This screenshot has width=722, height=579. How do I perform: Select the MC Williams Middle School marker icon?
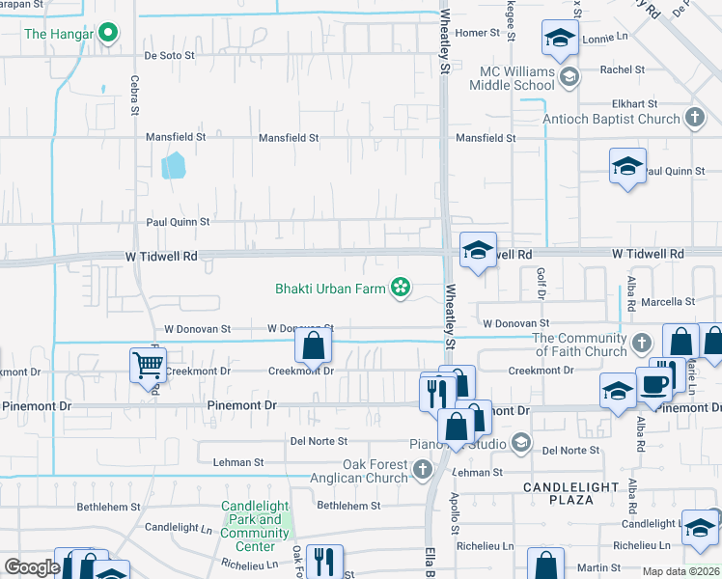tap(569, 77)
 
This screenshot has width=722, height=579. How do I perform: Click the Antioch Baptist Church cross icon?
tap(694, 119)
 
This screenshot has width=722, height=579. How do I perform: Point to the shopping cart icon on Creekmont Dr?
tap(148, 365)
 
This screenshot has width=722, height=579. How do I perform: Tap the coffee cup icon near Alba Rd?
tap(653, 384)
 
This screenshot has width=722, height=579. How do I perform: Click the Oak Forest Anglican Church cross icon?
tap(422, 470)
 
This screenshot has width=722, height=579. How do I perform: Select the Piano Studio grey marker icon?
tap(520, 443)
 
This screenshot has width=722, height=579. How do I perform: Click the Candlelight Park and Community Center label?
tap(255, 526)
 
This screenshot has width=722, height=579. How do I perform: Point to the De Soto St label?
tap(170, 55)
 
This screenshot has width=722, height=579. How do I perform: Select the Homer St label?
tap(478, 33)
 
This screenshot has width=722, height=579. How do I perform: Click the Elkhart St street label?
tap(633, 103)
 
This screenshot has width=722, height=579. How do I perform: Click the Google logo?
tap(31, 567)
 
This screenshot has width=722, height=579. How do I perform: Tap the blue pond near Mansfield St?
tap(173, 166)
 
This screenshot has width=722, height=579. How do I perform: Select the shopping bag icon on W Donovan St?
tap(314, 345)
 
